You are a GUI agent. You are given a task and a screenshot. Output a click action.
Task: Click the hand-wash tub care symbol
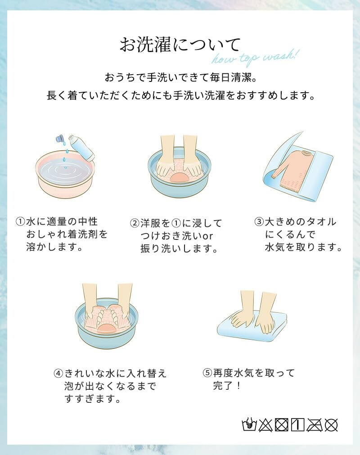click(249, 425)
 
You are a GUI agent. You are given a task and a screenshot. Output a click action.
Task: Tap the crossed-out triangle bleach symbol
click(265, 425)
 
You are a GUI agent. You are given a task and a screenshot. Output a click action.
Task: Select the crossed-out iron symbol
click(315, 425)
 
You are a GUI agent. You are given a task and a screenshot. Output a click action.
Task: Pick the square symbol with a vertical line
click(297, 425)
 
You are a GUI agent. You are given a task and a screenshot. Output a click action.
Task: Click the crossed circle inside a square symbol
click(281, 425)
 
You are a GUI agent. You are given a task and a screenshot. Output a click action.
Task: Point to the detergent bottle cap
click(60, 139)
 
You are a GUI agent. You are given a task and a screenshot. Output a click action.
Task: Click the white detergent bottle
click(82, 148)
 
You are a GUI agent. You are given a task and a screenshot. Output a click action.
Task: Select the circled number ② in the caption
click(135, 223)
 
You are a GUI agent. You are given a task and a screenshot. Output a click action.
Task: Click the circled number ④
click(58, 373)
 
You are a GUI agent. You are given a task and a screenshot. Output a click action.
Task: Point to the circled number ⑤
click(207, 373)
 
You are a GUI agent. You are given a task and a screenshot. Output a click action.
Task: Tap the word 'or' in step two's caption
click(208, 236)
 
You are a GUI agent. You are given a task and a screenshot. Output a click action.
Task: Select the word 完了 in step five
click(223, 386)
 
